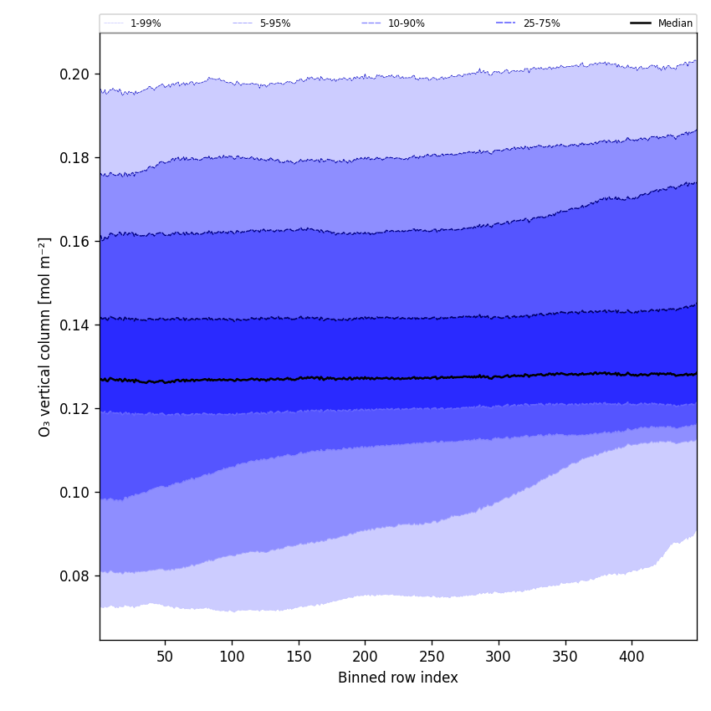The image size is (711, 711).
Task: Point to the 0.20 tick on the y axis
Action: pyautogui.click(x=74, y=74)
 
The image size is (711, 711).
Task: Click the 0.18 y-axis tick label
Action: pyautogui.click(x=74, y=158)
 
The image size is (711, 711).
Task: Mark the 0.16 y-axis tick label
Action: pyautogui.click(x=74, y=242)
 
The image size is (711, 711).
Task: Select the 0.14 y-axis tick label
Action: pyautogui.click(x=74, y=325)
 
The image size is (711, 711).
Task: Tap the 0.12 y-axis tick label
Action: pyautogui.click(x=74, y=409)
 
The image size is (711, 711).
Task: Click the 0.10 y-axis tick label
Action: pyautogui.click(x=74, y=493)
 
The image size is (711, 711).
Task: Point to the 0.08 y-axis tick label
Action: pyautogui.click(x=74, y=576)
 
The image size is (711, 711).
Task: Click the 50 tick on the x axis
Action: pyautogui.click(x=165, y=657)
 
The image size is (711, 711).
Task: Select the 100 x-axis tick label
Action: pyautogui.click(x=232, y=657)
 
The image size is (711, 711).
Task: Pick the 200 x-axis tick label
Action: pyautogui.click(x=365, y=657)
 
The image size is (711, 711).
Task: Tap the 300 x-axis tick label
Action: pyautogui.click(x=499, y=657)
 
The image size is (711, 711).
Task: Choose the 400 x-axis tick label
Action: pyautogui.click(x=632, y=657)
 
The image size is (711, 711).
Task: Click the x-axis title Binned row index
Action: pyautogui.click(x=398, y=678)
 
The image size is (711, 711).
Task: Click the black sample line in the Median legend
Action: pyautogui.click(x=642, y=23)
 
